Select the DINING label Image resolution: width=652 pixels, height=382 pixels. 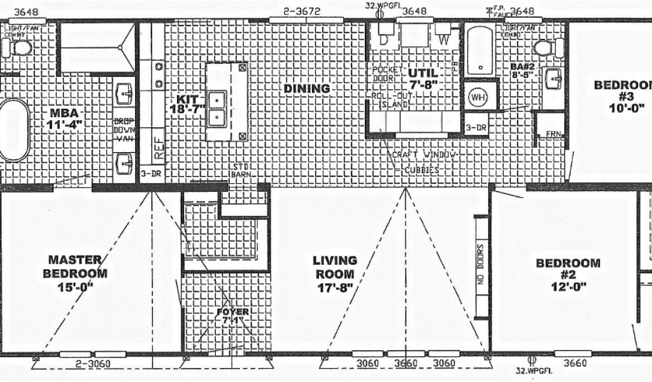click(x=307, y=88)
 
